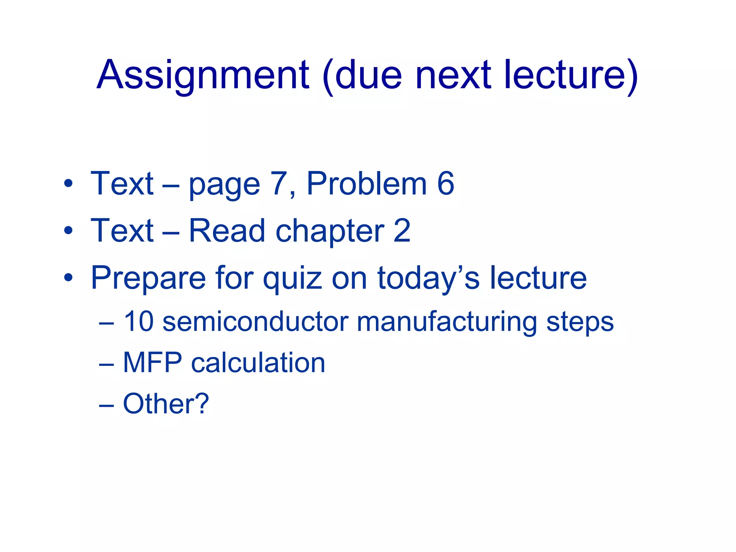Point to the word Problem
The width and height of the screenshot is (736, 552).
click(367, 184)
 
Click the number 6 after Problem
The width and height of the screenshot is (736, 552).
click(446, 184)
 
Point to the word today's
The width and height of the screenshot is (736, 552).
click(428, 279)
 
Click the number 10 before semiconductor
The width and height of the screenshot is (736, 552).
click(139, 321)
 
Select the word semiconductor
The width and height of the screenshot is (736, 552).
click(256, 321)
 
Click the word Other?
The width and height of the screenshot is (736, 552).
click(166, 404)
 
